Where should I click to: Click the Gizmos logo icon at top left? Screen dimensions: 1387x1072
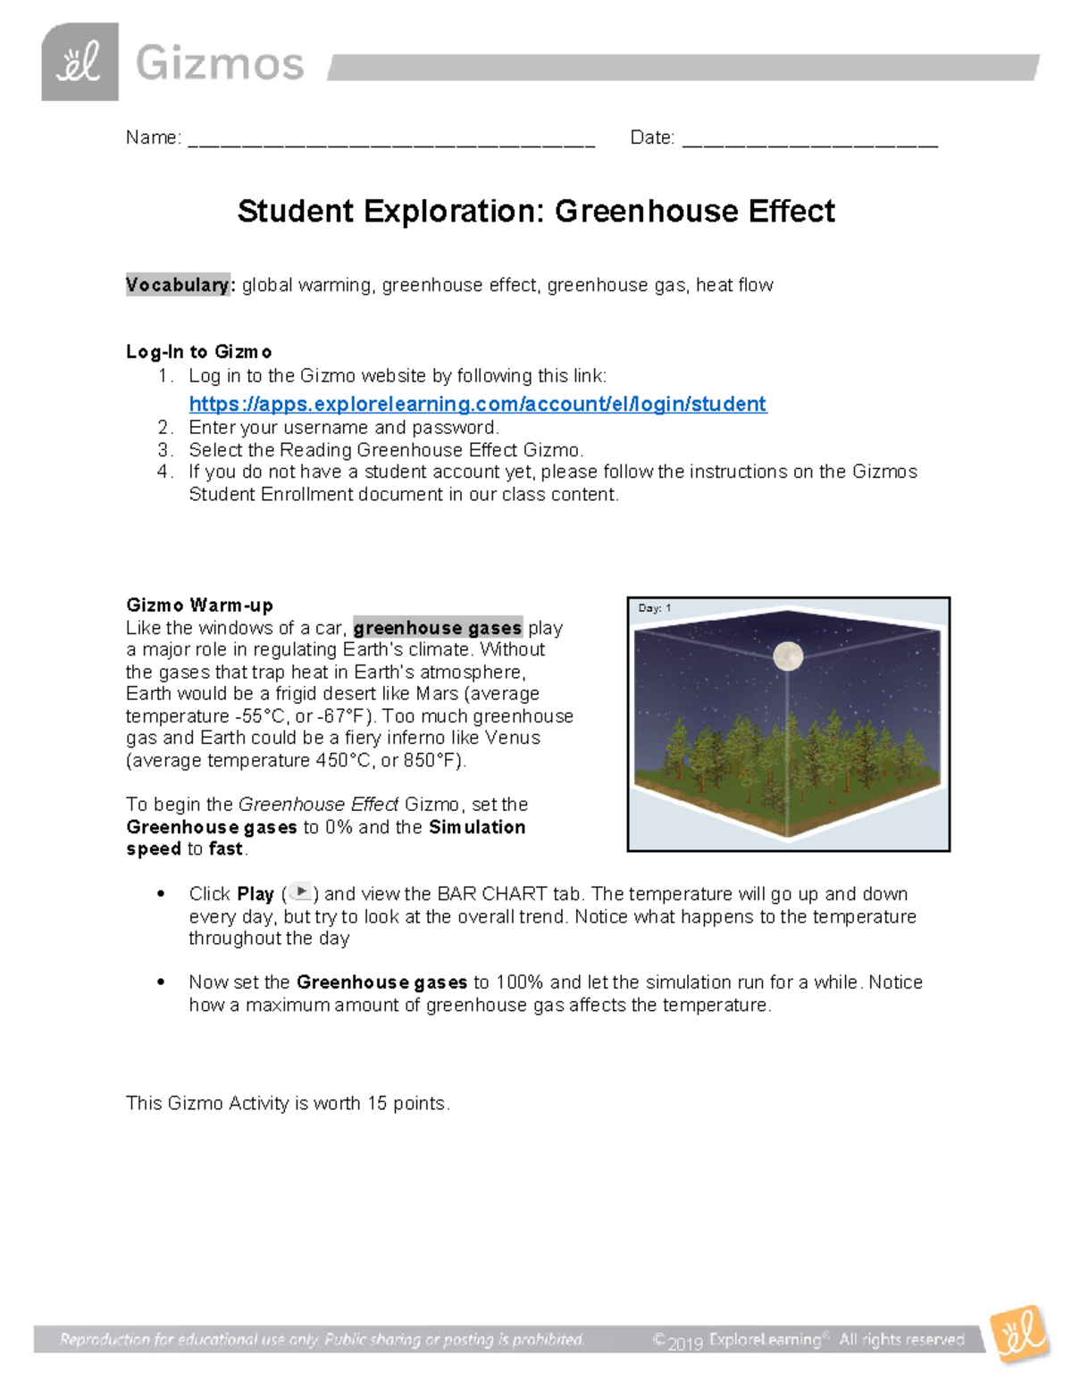pos(80,63)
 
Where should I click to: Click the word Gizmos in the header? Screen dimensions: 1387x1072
pos(220,64)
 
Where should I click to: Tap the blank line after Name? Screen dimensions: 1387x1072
pos(391,139)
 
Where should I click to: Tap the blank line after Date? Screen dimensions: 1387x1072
pos(809,139)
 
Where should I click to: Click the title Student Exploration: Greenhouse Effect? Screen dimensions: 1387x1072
pos(536,212)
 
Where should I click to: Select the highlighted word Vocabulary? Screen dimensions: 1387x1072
pos(178,285)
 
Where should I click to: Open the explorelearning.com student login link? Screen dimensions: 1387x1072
pos(477,404)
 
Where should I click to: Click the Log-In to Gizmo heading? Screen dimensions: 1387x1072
pos(198,352)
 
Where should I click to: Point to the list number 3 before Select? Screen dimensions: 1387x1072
pos(163,450)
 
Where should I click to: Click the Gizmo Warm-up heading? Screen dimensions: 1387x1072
pos(199,606)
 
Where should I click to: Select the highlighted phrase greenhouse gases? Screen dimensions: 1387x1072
pos(437,628)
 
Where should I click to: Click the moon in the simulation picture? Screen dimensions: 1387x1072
pos(787,656)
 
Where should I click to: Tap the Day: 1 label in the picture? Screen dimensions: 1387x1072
pos(654,608)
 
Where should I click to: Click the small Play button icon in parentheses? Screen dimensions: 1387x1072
pos(301,892)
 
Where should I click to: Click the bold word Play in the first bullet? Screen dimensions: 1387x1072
pos(255,894)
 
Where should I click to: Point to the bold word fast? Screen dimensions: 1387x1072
pos(225,849)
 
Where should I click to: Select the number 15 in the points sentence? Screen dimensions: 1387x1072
pos(377,1104)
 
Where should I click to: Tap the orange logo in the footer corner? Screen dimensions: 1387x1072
pos(1019,1335)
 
